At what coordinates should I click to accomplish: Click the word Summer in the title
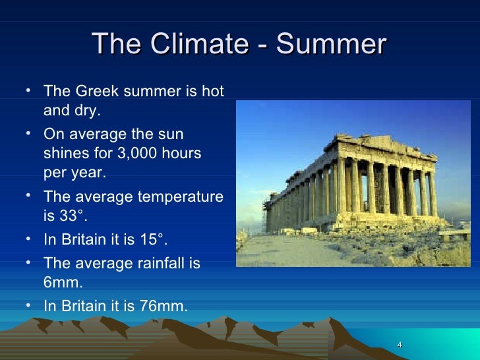click(331, 44)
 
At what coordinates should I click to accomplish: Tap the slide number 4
click(400, 346)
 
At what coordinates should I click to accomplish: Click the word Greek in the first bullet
click(92, 90)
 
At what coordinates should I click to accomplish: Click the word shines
click(65, 153)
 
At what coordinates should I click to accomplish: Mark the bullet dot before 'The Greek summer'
click(30, 90)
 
